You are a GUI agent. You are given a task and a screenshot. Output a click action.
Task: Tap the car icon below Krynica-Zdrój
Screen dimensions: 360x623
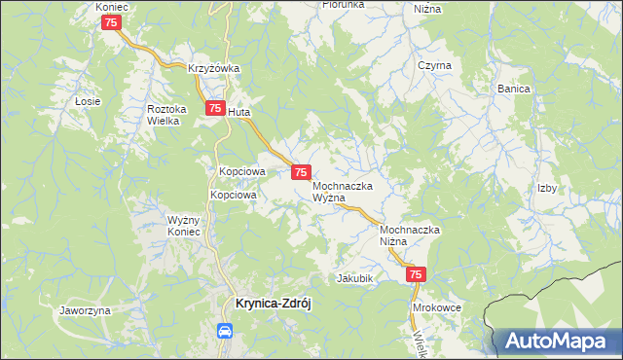coord(225,331)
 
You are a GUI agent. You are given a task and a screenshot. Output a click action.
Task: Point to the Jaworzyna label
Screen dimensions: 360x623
coord(85,310)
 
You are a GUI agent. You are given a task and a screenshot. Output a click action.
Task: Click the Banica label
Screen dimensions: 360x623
coord(513,89)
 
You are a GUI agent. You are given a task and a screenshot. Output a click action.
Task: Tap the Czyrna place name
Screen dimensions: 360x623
coord(434,65)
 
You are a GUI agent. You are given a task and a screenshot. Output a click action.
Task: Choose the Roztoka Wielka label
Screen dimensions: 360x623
coord(165,115)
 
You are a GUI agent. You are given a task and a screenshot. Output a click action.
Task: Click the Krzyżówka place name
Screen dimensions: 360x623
coord(214,68)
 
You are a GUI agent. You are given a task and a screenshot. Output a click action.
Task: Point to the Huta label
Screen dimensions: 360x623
coord(239,112)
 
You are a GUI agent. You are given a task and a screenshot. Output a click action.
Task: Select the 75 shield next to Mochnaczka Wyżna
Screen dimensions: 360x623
coord(302,171)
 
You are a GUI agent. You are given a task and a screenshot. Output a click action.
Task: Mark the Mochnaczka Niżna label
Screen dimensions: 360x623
coord(410,234)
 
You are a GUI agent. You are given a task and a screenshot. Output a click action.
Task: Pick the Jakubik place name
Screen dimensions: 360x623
coord(355,277)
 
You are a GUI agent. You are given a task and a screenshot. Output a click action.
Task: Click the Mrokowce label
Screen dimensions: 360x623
coord(437,306)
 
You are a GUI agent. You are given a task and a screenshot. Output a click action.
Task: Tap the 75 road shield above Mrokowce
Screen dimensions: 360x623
coord(416,276)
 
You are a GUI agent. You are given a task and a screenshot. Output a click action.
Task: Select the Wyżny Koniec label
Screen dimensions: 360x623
coord(183,225)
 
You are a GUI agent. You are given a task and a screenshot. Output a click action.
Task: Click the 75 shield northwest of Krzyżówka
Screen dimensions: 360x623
coord(112,22)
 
